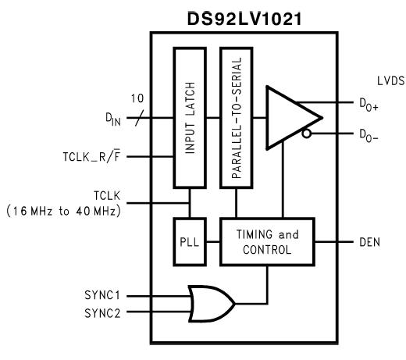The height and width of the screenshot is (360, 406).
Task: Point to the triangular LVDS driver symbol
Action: click(289, 117)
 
